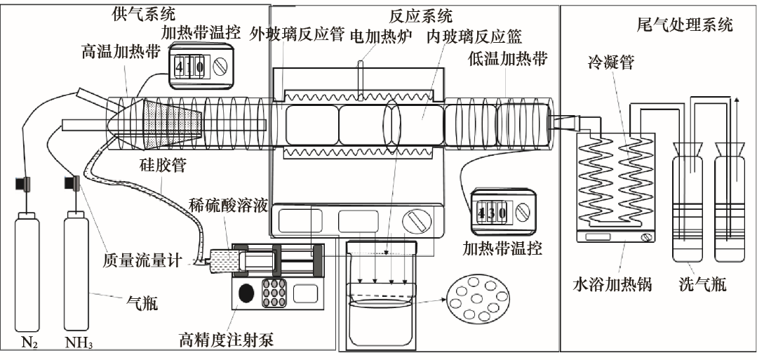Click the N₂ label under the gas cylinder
(x=29, y=344)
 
